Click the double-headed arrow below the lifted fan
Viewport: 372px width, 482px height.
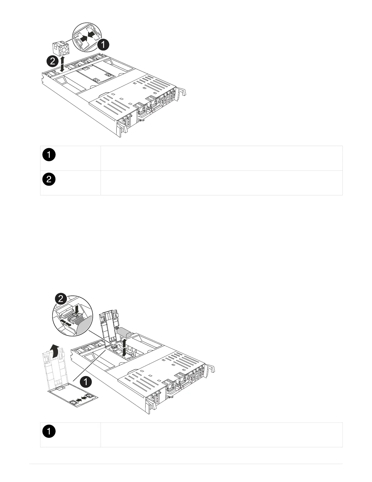click(62, 64)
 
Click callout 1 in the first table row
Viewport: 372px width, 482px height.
click(48, 155)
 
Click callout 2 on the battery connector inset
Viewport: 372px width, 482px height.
click(61, 299)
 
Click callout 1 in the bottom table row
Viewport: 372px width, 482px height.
click(48, 432)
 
